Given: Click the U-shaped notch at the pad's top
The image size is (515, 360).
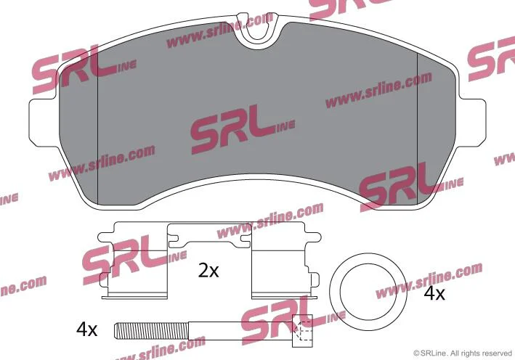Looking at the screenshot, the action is click(x=257, y=31).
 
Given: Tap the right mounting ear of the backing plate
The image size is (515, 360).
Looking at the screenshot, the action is click(x=471, y=122).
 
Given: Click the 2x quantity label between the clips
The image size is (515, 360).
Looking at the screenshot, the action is click(x=208, y=271).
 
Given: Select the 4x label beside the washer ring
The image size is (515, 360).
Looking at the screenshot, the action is click(x=434, y=293).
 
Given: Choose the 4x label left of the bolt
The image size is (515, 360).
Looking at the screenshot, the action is click(x=86, y=329).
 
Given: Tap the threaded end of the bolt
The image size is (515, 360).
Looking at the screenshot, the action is click(x=151, y=331).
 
